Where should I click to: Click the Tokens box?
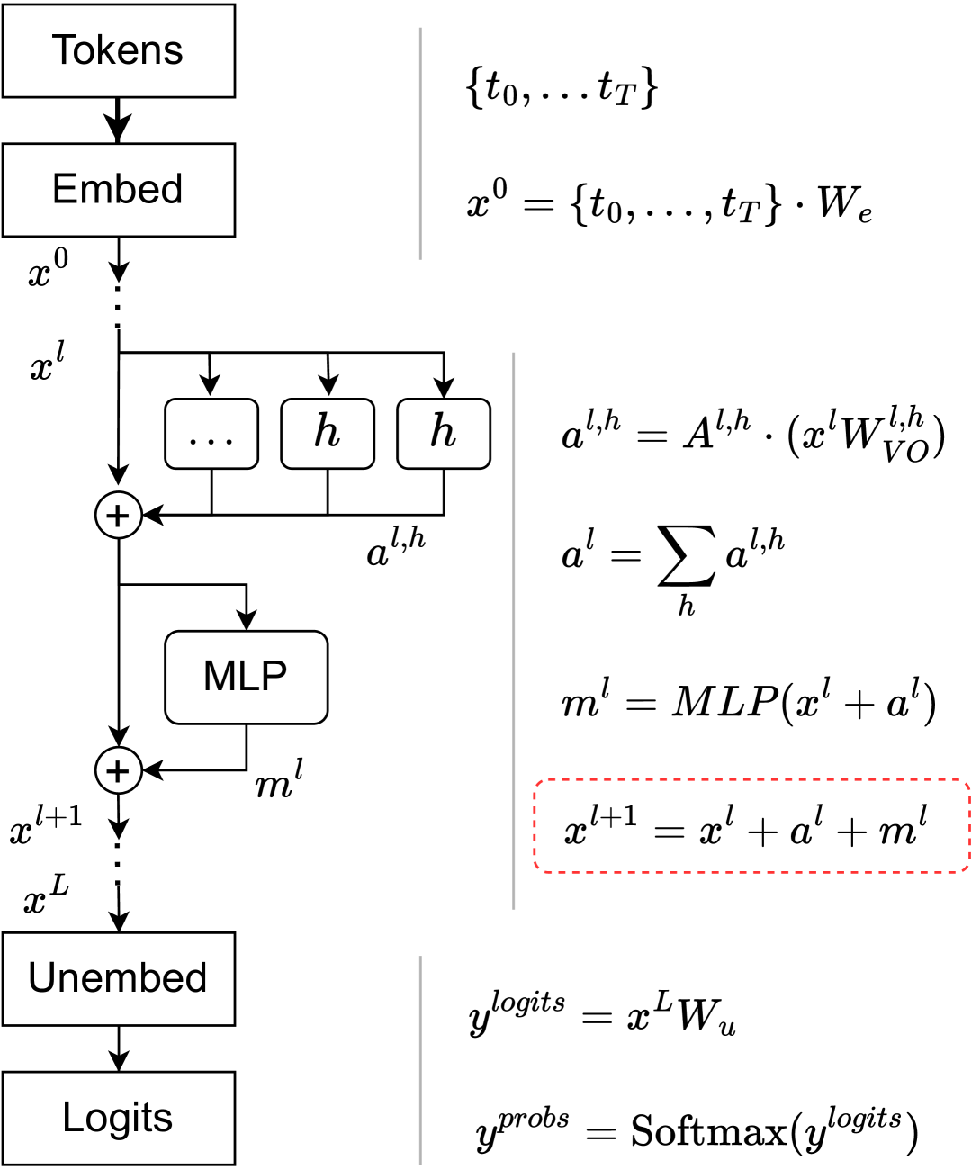[118, 50]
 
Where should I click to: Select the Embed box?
[118, 190]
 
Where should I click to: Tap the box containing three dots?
[211, 434]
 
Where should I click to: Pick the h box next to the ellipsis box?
[328, 434]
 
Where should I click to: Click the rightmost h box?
[444, 434]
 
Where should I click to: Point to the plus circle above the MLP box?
[119, 516]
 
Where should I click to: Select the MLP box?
[246, 677]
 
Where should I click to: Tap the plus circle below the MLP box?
[119, 771]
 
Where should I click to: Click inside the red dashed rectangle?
[751, 825]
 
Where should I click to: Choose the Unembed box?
[118, 978]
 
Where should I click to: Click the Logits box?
[118, 1118]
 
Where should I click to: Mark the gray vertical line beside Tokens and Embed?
[420, 144]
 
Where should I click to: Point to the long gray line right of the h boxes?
[514, 630]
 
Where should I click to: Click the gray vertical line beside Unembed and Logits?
[420, 1060]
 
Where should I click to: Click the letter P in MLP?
[274, 676]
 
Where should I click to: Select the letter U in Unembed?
[42, 977]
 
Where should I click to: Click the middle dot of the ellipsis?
[211, 442]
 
